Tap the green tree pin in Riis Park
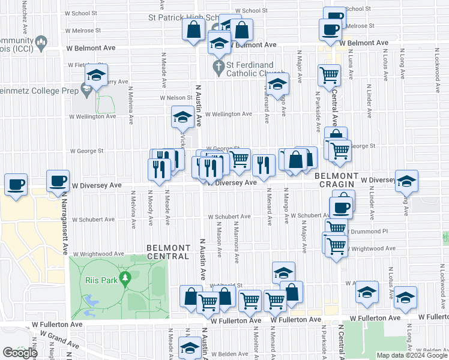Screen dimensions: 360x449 tap(125, 278)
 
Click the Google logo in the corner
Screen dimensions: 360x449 tap(20, 353)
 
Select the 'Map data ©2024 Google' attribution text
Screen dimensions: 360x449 tap(412, 355)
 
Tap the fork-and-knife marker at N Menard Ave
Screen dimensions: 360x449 tap(264, 165)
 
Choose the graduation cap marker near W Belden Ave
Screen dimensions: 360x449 tap(190, 349)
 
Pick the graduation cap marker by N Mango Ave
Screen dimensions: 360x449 tap(277, 85)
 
